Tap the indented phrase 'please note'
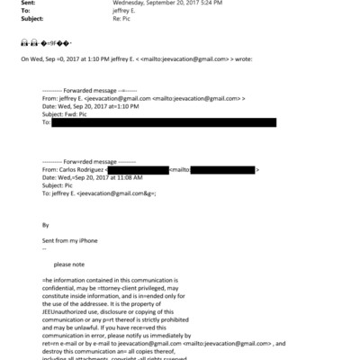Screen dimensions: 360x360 coord(71,265)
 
